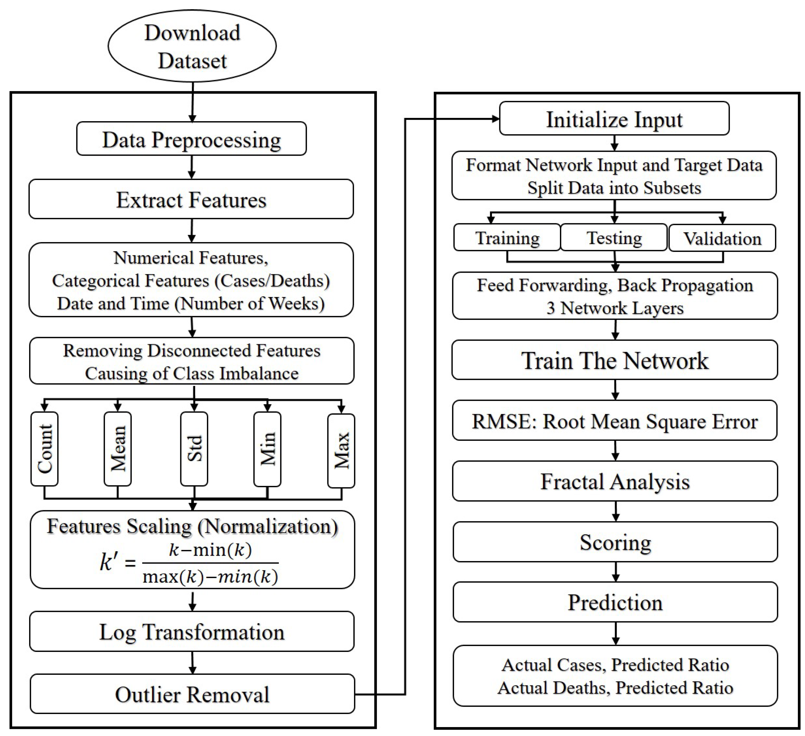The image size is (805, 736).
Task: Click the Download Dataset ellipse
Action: (192, 46)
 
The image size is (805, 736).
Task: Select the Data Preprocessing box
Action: (191, 139)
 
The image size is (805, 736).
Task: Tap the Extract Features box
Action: (191, 199)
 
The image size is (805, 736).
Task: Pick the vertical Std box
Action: (194, 449)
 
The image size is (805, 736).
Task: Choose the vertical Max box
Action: (341, 451)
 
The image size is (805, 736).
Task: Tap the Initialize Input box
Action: (614, 119)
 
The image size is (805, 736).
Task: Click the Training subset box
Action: (507, 238)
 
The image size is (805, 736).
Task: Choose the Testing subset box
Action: (614, 238)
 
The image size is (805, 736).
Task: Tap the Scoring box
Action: (615, 542)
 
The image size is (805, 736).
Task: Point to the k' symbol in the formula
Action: (109, 562)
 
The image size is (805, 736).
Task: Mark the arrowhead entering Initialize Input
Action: (496, 119)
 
